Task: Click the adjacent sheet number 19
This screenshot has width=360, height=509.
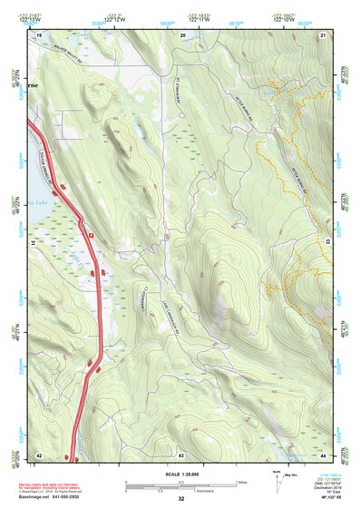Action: (39, 34)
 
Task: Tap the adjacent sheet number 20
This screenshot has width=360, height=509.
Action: (182, 34)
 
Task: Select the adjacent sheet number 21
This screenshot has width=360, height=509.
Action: (324, 34)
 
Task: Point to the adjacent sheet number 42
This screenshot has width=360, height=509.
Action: (39, 454)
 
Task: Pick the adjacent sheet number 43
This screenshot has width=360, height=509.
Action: (181, 454)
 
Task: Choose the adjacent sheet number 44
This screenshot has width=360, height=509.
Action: (324, 454)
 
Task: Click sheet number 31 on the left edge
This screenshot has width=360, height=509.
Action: (33, 242)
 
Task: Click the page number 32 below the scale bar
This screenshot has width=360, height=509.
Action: (181, 498)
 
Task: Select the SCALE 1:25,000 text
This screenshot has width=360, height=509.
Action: (181, 473)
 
